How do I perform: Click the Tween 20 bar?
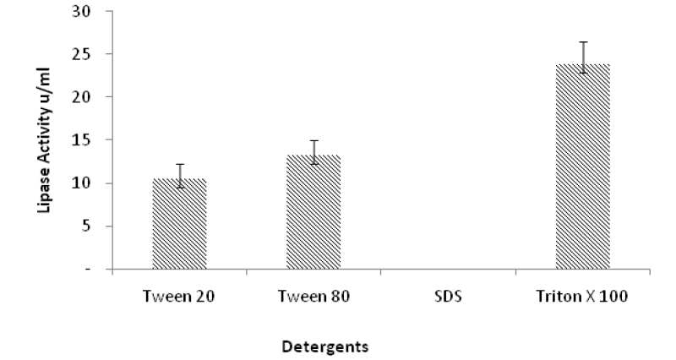pyautogui.click(x=179, y=224)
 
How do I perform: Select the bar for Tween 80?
pyautogui.click(x=313, y=212)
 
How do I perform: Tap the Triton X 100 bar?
pyautogui.click(x=583, y=166)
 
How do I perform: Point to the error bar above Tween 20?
pyautogui.click(x=179, y=176)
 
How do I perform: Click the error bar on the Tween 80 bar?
pyautogui.click(x=313, y=152)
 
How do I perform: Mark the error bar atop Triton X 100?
pyautogui.click(x=583, y=57)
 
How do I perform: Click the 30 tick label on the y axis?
pyautogui.click(x=81, y=11)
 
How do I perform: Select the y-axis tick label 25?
pyautogui.click(x=81, y=54)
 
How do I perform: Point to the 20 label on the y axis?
pyautogui.click(x=81, y=96)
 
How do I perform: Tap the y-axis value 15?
pyautogui.click(x=81, y=139)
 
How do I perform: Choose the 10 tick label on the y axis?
pyautogui.click(x=81, y=183)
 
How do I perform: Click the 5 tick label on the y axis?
pyautogui.click(x=86, y=226)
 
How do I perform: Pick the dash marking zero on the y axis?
pyautogui.click(x=88, y=269)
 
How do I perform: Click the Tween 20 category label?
pyautogui.click(x=178, y=297)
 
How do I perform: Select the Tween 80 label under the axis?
pyautogui.click(x=313, y=297)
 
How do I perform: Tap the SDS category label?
pyautogui.click(x=449, y=297)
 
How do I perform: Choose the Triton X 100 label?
pyautogui.click(x=582, y=297)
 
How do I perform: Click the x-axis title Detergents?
pyautogui.click(x=325, y=346)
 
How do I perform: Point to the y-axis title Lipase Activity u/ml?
pyautogui.click(x=44, y=140)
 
